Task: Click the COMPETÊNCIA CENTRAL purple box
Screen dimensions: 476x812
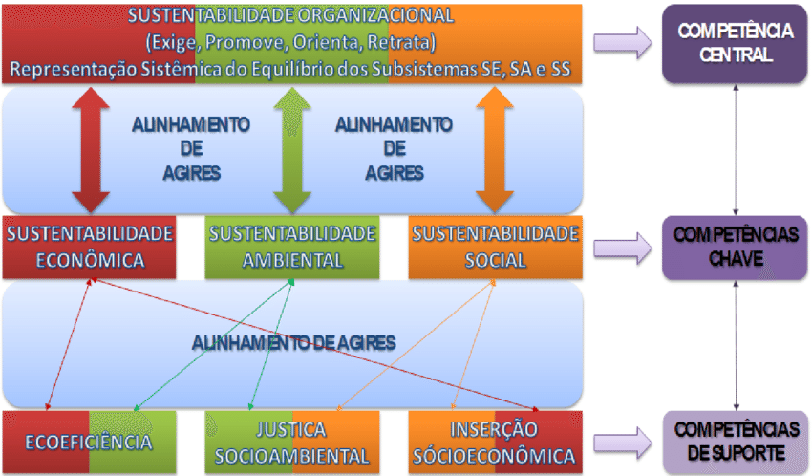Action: pyautogui.click(x=735, y=43)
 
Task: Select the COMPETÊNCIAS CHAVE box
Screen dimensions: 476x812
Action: pyautogui.click(x=735, y=248)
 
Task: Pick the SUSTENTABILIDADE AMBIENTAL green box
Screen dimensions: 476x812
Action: pyautogui.click(x=292, y=248)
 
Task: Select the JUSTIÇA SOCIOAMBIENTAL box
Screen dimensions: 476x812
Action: pyautogui.click(x=291, y=443)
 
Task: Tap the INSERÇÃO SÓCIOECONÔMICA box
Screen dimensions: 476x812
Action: pyautogui.click(x=495, y=443)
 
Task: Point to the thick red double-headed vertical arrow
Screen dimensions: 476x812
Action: pyautogui.click(x=92, y=150)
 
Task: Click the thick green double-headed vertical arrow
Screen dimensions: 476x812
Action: pyautogui.click(x=292, y=150)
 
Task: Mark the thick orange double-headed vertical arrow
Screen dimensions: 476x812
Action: pyautogui.click(x=496, y=150)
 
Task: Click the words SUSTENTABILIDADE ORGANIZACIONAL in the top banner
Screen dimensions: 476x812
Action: pyautogui.click(x=290, y=17)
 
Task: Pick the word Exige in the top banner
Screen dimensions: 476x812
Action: pyautogui.click(x=170, y=43)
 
